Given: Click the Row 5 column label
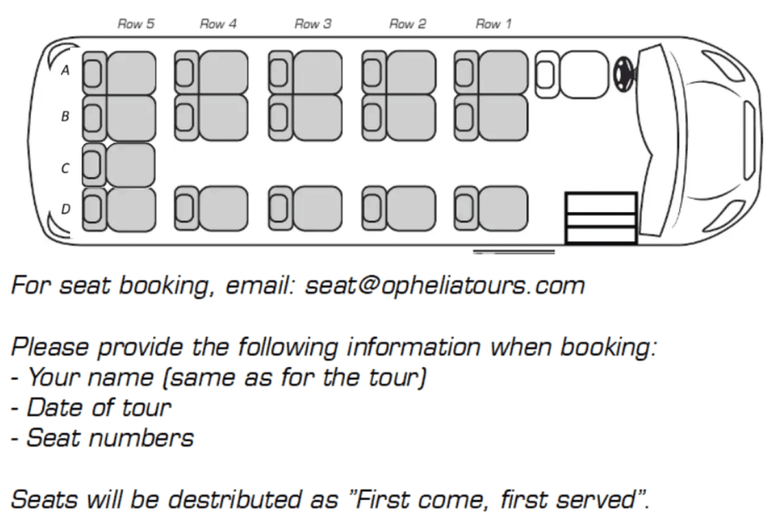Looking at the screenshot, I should pos(136,24).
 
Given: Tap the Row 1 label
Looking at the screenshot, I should pos(493,24).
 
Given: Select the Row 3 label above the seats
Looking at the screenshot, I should pos(313,24).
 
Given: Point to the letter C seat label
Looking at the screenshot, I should pos(65,168).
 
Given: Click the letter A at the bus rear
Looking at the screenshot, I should pos(65,70).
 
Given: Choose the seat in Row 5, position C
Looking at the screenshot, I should pos(120,165).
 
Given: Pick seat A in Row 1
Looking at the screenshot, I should pos(492,73).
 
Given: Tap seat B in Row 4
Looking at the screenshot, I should pos(212,118).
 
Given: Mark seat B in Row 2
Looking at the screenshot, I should pos(399,118).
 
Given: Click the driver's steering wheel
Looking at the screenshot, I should pos(623,74).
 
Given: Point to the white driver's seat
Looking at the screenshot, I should pos(573,74).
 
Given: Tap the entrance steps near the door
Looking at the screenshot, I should pos(601,218).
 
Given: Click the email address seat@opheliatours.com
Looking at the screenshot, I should pos(445,286).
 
